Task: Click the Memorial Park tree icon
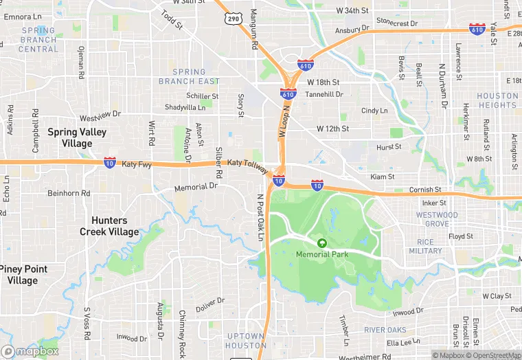(321, 242)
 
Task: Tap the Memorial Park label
(321, 254)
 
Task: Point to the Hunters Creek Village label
(109, 226)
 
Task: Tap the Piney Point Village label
(23, 275)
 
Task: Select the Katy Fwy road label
(137, 164)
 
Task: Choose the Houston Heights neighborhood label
(497, 100)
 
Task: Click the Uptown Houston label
(245, 341)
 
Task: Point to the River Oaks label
(385, 330)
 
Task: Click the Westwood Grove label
(437, 220)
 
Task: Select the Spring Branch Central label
(38, 40)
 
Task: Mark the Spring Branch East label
(189, 76)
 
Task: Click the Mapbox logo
(30, 351)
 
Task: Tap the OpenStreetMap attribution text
(493, 355)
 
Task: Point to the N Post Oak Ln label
(261, 216)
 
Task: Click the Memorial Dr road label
(196, 186)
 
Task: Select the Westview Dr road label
(100, 114)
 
